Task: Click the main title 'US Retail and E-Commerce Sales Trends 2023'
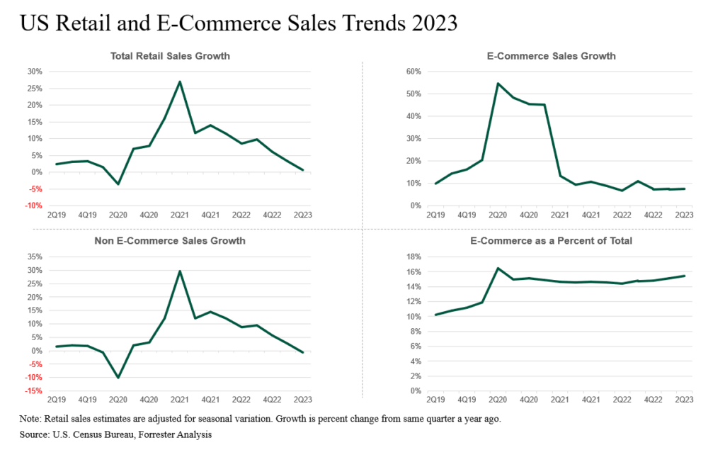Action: (x=239, y=24)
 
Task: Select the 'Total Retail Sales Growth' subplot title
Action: (x=170, y=56)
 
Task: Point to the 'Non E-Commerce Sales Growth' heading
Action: (x=170, y=241)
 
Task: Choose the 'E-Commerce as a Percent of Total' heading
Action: (x=552, y=241)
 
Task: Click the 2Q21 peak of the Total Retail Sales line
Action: (x=180, y=81)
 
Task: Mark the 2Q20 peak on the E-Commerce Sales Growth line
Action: (x=498, y=84)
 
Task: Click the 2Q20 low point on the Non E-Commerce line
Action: (x=118, y=378)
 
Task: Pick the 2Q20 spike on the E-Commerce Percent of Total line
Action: (x=498, y=268)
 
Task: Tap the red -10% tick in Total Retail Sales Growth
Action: (x=33, y=206)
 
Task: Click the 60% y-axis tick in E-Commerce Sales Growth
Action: (x=413, y=72)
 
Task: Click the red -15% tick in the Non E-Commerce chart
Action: (x=33, y=391)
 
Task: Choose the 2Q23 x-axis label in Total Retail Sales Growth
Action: (x=303, y=215)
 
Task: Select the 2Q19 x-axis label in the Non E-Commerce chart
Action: (x=56, y=400)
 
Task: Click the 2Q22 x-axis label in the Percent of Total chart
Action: (x=622, y=400)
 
